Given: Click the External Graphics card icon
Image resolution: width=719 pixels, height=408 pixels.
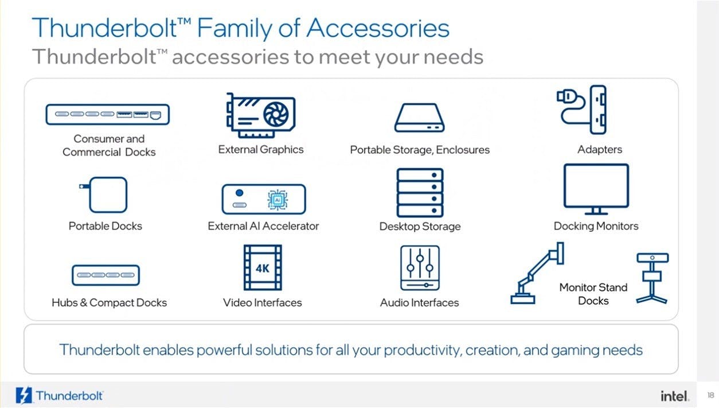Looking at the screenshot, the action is coord(261,115).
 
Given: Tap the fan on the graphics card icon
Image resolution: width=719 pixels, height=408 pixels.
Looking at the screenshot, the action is coord(276,114).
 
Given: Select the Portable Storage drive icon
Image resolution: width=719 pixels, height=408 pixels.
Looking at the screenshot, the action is coord(420,118).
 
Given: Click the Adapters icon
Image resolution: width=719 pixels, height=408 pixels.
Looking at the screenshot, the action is coord(581,110).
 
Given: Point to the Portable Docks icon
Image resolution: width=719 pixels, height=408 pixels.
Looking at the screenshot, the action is coord(104,195).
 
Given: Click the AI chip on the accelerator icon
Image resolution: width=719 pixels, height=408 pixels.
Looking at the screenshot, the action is coord(278,200).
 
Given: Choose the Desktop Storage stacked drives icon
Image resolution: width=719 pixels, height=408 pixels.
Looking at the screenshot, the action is coord(420,192).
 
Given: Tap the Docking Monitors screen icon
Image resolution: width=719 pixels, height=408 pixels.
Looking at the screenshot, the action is coord(596,189).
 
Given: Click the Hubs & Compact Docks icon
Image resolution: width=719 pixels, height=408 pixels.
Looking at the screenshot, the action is coord(105,275).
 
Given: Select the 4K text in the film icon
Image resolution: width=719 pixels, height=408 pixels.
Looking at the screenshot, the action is coord(262,268).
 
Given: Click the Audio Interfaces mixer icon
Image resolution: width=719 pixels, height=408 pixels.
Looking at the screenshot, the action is coord(420,268).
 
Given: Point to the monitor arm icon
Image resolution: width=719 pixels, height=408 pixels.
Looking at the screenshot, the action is coord(537,273).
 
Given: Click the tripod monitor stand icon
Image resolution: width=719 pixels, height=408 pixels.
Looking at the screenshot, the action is coord(652,278).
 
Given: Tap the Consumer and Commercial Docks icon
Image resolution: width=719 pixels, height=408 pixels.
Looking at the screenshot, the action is coord(108,114).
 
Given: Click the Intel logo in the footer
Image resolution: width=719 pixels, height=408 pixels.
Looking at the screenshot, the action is coord(674,396).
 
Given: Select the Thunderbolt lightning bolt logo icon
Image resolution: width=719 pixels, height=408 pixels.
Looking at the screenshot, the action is coord(24,395).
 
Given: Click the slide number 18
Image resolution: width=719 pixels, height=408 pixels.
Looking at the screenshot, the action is coord(710,395).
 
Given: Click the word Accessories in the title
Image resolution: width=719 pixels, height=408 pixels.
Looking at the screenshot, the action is coord(378,28).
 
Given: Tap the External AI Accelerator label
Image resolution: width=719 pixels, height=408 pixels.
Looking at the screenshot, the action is coord(263,226).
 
